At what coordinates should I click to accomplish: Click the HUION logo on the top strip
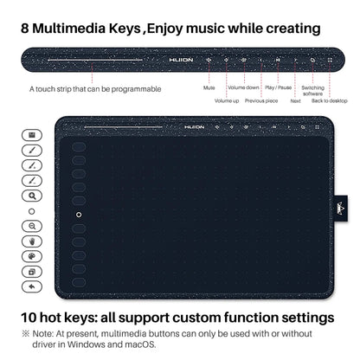pos(181,60)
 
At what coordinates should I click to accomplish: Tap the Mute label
pos(209,87)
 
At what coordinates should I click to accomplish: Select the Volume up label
pos(227,100)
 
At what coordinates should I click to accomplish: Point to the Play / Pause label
pos(279,87)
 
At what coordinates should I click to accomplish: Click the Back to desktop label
pos(330,100)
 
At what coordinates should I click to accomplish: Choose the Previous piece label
pos(261,100)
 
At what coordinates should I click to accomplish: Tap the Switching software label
pos(313,91)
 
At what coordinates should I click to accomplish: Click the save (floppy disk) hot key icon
pos(32,135)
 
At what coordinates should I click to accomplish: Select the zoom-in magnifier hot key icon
pos(32,196)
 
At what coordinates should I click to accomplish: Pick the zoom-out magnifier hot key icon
pos(32,226)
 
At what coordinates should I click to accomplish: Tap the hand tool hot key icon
pos(32,241)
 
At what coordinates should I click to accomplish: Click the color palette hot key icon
pos(32,256)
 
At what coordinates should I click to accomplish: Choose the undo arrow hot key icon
pos(32,286)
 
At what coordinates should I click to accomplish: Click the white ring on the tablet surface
pos(79,212)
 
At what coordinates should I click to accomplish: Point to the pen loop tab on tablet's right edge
pos(341,209)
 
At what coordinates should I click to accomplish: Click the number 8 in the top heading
pos(25,29)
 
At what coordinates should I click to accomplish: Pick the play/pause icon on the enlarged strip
pos(278,60)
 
